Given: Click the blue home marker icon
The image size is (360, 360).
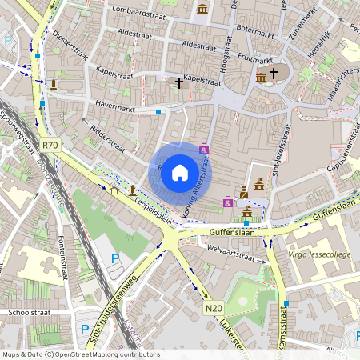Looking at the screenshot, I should [180, 172].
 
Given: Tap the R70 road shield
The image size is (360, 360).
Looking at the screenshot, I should [50, 145].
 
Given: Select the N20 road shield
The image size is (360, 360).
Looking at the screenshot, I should [213, 308].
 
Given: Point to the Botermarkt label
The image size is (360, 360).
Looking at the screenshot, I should [255, 29].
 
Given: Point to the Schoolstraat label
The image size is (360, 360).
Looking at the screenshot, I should [29, 312].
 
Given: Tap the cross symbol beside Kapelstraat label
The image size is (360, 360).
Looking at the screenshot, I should [178, 82].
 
